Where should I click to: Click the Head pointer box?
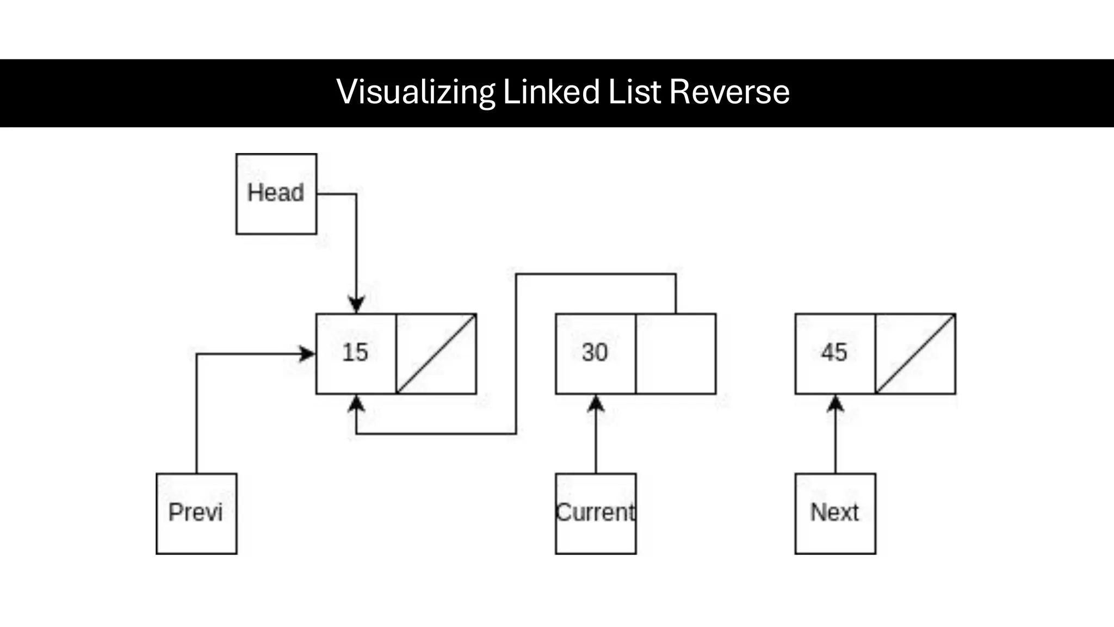[276, 194]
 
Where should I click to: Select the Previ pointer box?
[196, 513]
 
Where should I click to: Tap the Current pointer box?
[596, 513]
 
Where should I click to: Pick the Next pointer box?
[835, 513]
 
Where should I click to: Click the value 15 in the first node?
[355, 353]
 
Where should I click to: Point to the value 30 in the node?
[595, 353]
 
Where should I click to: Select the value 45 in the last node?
[834, 353]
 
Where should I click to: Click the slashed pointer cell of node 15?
[436, 354]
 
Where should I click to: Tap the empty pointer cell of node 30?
[676, 354]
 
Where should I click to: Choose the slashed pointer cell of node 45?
[915, 354]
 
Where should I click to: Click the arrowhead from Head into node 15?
[356, 305]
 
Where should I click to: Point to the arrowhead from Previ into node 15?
[307, 354]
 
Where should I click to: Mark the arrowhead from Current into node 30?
[596, 403]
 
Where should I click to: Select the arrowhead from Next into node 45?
[835, 403]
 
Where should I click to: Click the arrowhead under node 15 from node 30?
[356, 403]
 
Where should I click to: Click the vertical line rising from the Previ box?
[196, 414]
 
